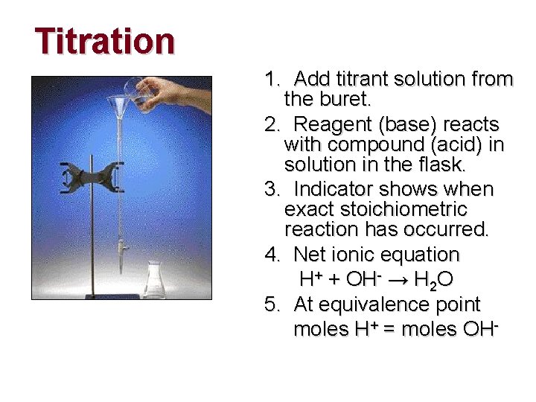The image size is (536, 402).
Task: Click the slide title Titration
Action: (x=105, y=41)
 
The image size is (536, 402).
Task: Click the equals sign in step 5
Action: (x=389, y=329)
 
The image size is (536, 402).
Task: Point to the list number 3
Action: (x=270, y=188)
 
